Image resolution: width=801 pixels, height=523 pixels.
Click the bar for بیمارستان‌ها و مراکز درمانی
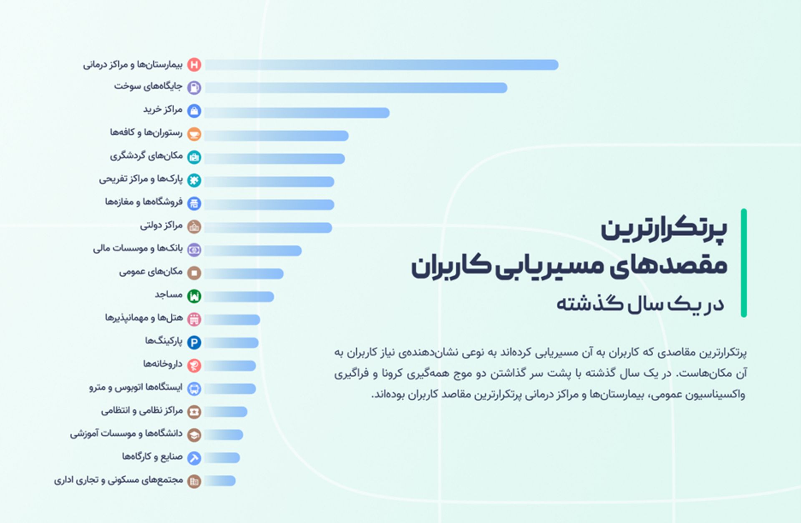point(381,65)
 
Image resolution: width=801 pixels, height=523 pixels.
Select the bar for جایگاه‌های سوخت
point(355,88)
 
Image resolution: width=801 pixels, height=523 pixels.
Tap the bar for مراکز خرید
point(297,113)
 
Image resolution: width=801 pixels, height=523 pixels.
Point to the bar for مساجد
point(239,297)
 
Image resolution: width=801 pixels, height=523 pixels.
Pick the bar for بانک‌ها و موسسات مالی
point(253,250)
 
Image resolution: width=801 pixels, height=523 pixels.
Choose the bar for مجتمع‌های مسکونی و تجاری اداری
point(220,481)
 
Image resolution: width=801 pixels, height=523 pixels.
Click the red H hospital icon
point(194,65)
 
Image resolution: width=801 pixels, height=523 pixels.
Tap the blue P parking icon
point(194,343)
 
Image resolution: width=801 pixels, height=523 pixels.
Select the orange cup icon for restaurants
point(194,134)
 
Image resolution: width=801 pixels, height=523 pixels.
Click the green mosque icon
point(194,296)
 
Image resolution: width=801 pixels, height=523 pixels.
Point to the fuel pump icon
point(194,88)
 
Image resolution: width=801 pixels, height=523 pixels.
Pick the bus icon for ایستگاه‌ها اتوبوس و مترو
point(194,389)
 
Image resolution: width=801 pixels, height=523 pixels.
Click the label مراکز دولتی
point(161,225)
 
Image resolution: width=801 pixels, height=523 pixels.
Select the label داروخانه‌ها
point(163,364)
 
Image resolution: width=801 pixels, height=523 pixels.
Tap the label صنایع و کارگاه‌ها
point(152,457)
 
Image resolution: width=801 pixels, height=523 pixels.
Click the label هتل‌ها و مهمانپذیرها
point(144,318)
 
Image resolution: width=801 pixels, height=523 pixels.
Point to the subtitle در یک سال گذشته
point(640,304)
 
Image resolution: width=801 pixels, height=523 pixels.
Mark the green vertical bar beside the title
point(743,263)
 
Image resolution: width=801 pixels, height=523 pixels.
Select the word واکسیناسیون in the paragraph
point(716,394)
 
